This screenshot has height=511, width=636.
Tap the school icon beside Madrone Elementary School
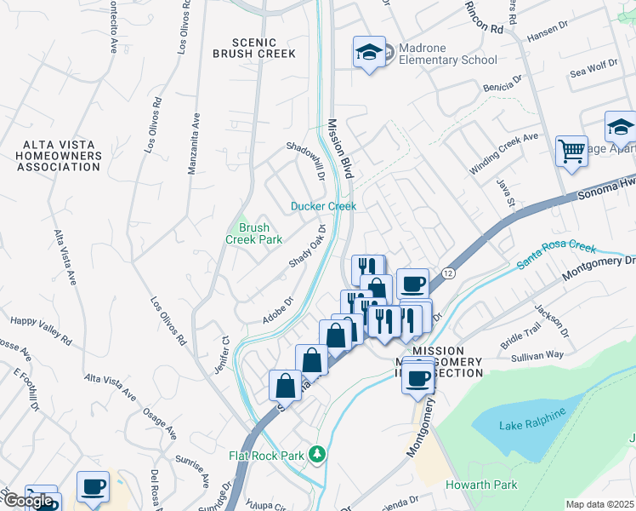[x=369, y=53]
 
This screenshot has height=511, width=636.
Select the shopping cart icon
[x=571, y=152]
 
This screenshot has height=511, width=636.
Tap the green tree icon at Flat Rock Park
[x=317, y=454]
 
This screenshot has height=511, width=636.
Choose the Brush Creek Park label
[x=253, y=233]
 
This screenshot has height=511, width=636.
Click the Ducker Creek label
[x=323, y=206]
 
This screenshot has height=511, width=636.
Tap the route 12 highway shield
[x=447, y=273]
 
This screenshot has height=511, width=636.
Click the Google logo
[x=27, y=501]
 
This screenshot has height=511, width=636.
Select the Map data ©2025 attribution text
[x=599, y=504]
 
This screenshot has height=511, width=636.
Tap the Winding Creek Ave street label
[x=504, y=153]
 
